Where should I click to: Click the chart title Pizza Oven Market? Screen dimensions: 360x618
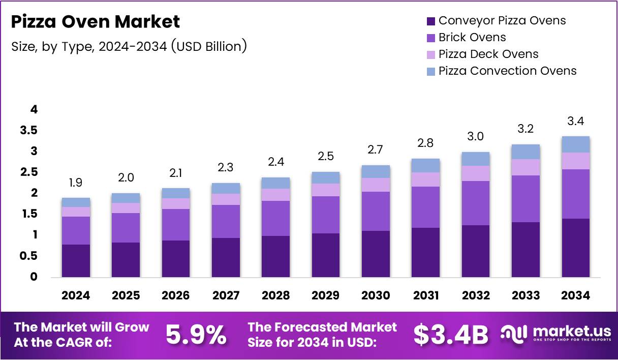pyautogui.click(x=96, y=22)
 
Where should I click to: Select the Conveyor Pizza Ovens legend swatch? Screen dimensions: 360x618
pyautogui.click(x=431, y=21)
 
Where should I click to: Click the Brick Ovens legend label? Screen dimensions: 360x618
pyautogui.click(x=472, y=37)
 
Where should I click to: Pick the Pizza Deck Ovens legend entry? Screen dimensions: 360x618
pyautogui.click(x=488, y=54)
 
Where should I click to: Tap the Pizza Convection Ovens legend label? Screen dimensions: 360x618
pyautogui.click(x=507, y=71)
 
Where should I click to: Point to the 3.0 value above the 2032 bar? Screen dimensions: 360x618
pyautogui.click(x=476, y=137)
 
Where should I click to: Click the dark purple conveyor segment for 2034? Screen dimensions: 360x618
pyautogui.click(x=575, y=248)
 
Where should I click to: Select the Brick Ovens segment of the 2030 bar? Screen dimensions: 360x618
pyautogui.click(x=376, y=211)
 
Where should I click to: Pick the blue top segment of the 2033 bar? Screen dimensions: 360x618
pyautogui.click(x=526, y=152)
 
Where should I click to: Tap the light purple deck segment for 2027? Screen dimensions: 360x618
pyautogui.click(x=226, y=199)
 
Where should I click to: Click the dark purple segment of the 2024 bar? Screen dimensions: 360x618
pyautogui.click(x=76, y=260)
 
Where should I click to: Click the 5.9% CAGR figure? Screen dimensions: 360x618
pyautogui.click(x=196, y=335)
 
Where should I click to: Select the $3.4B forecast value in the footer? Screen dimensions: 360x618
pyautogui.click(x=450, y=335)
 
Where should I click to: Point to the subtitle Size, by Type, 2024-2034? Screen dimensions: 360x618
pyautogui.click(x=129, y=46)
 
